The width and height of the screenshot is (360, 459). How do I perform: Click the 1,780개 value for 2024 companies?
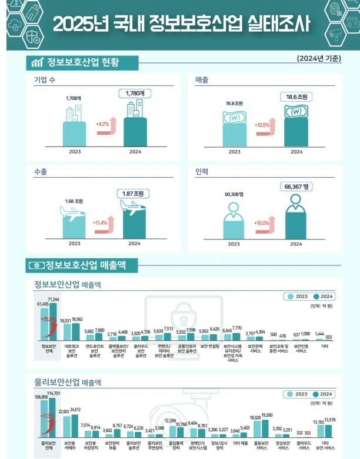135,93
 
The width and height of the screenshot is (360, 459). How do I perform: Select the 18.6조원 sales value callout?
299,95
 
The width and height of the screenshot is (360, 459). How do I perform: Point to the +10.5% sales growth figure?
262,125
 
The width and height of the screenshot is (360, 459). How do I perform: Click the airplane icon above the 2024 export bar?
133,205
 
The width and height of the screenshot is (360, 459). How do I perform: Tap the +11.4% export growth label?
100,223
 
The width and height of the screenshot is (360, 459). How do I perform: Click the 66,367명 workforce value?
297,187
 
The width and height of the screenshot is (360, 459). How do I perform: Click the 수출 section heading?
42,171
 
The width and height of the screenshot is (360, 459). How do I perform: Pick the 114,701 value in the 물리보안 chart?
54,393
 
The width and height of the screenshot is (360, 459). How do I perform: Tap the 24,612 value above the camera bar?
76,410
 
